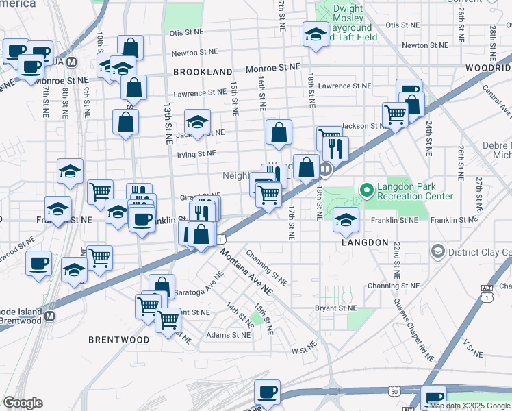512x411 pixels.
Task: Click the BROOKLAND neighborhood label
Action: coord(203,71)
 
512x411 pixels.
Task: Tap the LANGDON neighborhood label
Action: coord(361,243)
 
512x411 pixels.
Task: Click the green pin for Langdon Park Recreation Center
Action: coord(366,190)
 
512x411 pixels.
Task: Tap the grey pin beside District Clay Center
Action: coord(436,252)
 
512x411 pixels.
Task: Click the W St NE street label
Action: coord(302,350)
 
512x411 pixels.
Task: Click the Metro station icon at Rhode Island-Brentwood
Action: coord(49,316)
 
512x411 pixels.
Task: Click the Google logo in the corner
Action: coord(23,403)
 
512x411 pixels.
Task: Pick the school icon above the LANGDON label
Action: coord(346,219)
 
